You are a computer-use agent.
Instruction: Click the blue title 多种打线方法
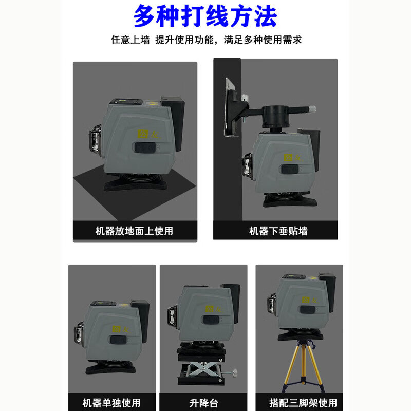pos(205,16)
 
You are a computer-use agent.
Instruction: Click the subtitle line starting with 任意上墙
pos(206,40)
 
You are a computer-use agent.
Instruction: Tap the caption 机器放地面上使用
pos(135,231)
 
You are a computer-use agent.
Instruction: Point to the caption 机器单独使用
pos(111,402)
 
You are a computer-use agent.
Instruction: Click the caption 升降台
pos(203,402)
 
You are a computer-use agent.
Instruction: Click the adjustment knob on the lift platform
pos(235,371)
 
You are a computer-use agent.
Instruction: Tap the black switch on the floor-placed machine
pos(145,148)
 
